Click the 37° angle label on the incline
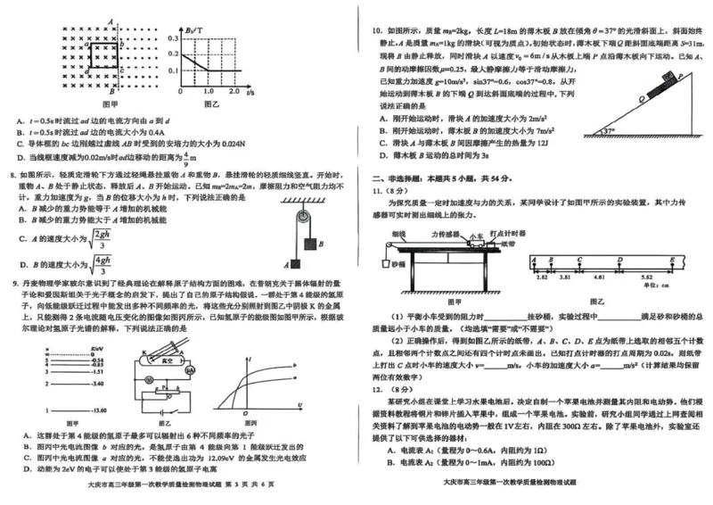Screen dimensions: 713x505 tap(609, 130)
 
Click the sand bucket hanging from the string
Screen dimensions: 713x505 tap(385, 265)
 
